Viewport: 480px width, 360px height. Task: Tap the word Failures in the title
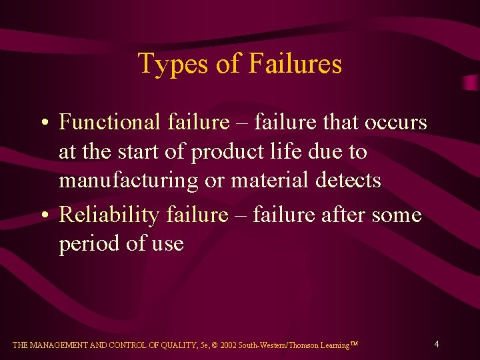[x=295, y=64]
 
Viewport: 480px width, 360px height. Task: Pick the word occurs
[x=395, y=122]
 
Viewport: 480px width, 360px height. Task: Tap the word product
[x=222, y=153]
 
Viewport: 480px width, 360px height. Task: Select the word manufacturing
[x=128, y=181]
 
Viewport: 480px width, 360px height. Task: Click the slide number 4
[x=436, y=344]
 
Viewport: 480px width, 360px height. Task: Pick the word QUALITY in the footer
[x=182, y=345]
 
